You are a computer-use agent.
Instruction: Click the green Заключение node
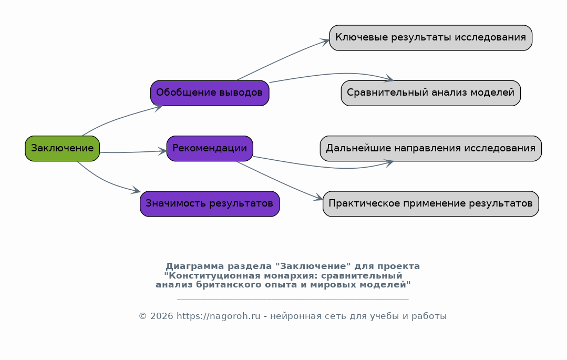click(62, 148)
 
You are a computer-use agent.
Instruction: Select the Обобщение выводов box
click(210, 93)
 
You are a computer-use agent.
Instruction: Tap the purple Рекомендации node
click(210, 148)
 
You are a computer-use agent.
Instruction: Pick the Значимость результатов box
click(210, 204)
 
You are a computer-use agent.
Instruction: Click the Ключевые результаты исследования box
click(431, 38)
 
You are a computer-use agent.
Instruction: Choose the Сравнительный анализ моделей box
click(431, 93)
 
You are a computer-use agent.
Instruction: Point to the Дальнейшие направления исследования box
click(431, 148)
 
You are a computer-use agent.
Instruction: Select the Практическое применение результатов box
click(431, 204)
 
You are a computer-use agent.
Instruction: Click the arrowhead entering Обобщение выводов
click(159, 107)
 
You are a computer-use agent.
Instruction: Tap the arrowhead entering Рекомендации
click(162, 151)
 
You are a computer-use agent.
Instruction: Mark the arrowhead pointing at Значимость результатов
click(136, 190)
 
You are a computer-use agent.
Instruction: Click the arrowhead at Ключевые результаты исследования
click(325, 42)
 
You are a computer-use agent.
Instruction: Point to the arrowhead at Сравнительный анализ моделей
click(389, 78)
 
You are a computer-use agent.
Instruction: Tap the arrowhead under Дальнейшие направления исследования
click(389, 163)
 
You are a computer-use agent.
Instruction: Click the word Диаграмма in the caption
click(195, 266)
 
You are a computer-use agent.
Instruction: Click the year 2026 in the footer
click(162, 316)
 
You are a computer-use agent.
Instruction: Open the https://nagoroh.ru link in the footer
click(219, 316)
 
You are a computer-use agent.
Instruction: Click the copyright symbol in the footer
click(142, 316)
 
